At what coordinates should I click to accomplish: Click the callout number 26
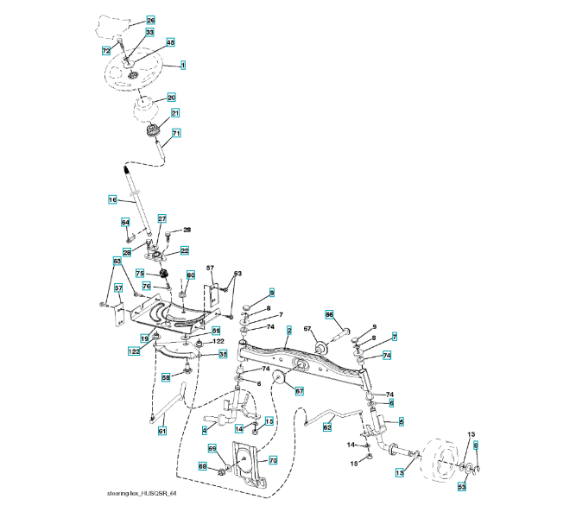tap(150, 20)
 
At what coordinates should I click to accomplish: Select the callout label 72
tap(105, 52)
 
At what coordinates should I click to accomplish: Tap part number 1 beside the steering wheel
tap(183, 65)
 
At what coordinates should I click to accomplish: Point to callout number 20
tap(171, 98)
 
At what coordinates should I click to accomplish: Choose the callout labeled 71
tap(176, 133)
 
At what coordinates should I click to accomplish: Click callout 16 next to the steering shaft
tap(112, 199)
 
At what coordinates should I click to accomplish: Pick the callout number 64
tap(124, 222)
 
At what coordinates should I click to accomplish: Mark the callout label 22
tap(185, 250)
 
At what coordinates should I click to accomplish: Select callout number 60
tap(191, 275)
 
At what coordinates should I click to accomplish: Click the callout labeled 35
tap(222, 354)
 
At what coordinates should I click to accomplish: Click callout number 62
tap(327, 426)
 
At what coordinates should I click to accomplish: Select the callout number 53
tap(462, 487)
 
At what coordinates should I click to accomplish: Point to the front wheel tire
tap(440, 464)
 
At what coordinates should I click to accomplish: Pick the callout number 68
tap(203, 466)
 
